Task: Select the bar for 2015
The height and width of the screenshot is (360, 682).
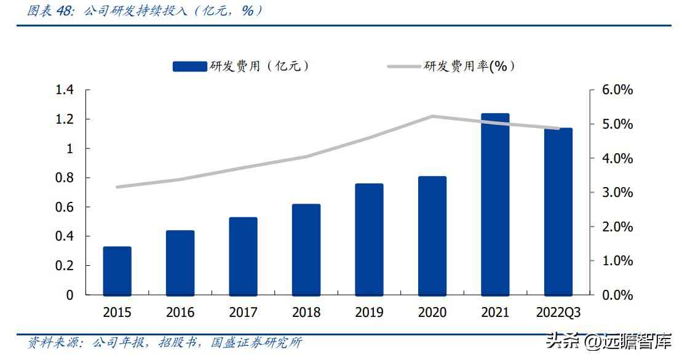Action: point(117,271)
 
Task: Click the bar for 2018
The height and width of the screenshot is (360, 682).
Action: point(306,249)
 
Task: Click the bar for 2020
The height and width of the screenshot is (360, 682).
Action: point(432,236)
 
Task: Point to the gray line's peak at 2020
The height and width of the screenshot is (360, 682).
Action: point(432,116)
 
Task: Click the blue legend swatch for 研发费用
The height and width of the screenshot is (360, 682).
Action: point(189,66)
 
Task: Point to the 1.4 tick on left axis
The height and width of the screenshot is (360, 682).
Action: point(64,90)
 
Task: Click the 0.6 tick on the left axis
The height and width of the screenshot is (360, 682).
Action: point(64,207)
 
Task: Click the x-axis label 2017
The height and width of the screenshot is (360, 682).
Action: point(243,313)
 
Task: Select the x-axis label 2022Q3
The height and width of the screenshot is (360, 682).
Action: point(558,313)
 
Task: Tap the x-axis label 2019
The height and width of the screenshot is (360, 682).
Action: point(369,313)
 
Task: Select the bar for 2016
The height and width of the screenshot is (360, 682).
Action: point(180,263)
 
